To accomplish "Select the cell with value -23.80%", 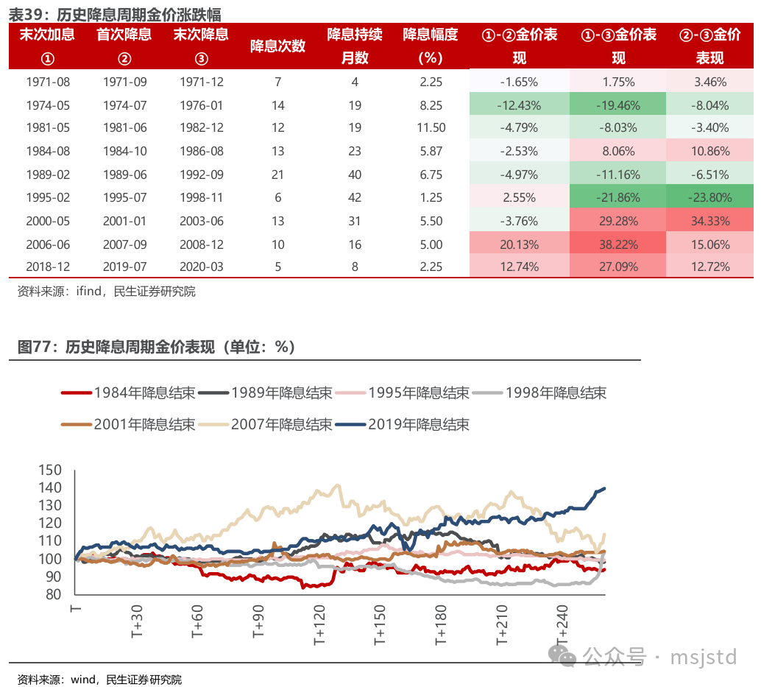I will click(x=710, y=197).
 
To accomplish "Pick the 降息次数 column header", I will click(x=277, y=46).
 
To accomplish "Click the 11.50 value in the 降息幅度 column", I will click(x=431, y=128).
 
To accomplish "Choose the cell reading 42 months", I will click(x=355, y=197).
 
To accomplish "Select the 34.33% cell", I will click(x=710, y=221).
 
